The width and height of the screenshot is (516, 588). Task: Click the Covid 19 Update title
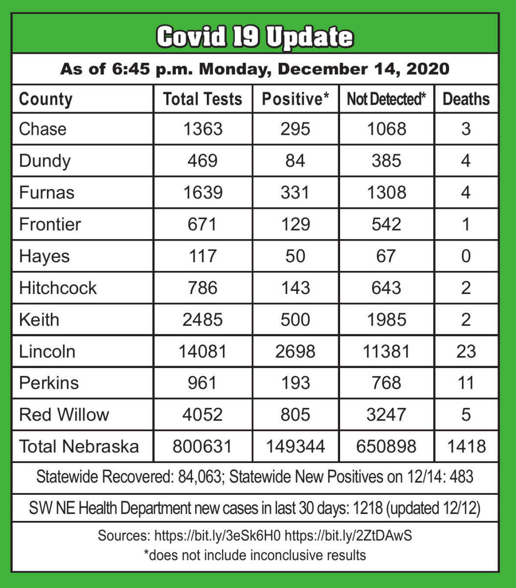point(255,37)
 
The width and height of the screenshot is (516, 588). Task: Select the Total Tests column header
point(202,99)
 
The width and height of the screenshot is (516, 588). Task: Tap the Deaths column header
point(466,99)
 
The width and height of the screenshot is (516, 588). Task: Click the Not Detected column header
point(386,99)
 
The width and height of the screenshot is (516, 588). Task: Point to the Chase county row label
point(43,129)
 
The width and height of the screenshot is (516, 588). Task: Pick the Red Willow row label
point(64,415)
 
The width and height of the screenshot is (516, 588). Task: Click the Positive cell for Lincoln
point(295,351)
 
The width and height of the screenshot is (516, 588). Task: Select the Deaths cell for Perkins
point(466,383)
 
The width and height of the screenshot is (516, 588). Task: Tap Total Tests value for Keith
point(202,319)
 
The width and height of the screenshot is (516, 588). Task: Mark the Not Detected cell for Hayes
point(386,256)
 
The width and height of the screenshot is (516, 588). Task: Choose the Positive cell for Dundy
point(295,161)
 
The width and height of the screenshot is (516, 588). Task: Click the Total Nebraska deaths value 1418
point(466,446)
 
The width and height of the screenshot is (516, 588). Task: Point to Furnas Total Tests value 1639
point(202,193)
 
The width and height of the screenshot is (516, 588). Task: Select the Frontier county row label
point(50,224)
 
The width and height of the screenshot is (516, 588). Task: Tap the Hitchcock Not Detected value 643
point(386,288)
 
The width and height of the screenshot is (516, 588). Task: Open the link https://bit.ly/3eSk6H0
point(218,536)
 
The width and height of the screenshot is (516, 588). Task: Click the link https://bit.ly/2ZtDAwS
point(348,536)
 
